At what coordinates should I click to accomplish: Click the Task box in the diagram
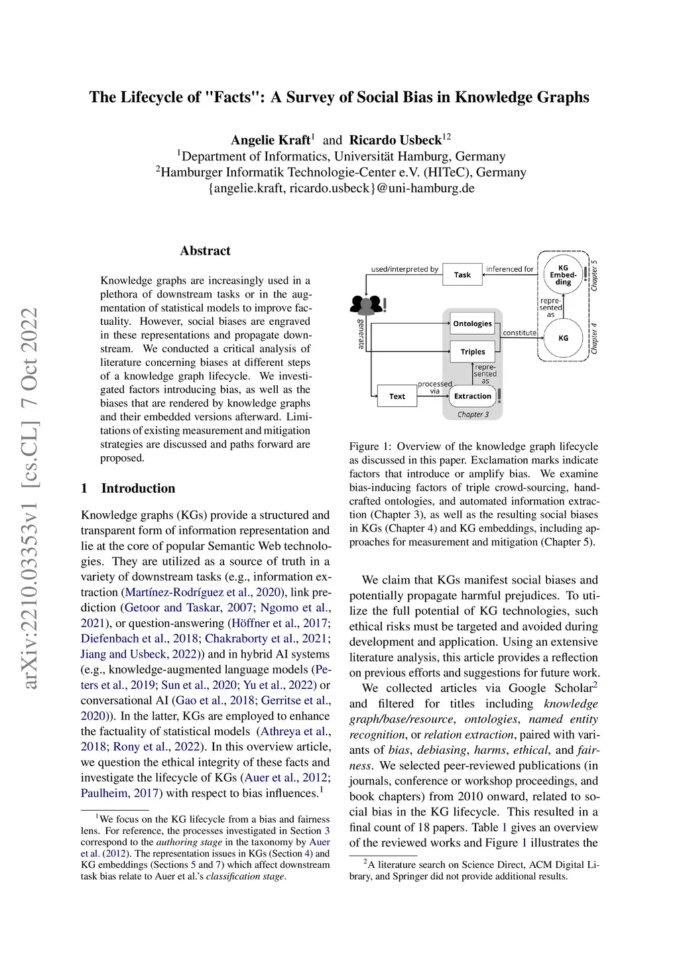462,274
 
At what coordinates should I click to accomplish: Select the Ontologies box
472,324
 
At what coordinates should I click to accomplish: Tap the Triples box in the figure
473,351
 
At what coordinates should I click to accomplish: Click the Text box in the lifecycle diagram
397,396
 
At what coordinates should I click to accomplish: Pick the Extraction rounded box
472,396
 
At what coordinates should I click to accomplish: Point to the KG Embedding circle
563,274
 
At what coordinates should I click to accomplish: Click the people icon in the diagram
365,305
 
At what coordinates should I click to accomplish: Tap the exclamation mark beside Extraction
499,395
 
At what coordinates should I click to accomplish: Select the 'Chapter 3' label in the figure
473,414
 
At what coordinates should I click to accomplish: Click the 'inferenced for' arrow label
509,269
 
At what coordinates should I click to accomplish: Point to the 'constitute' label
519,333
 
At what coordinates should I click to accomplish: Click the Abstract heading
205,251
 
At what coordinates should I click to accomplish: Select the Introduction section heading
138,488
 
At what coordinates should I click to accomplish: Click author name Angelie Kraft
270,140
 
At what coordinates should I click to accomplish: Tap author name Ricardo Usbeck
395,140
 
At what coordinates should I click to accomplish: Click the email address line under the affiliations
341,188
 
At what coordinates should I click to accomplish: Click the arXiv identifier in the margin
30,497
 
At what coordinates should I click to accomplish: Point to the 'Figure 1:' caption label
371,446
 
